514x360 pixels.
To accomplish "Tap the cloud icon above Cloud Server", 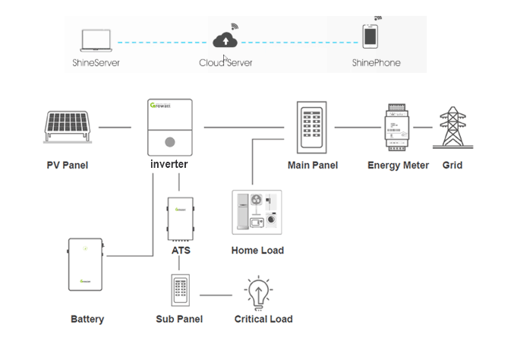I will click(x=225, y=39).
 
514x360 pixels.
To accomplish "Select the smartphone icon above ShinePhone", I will click(x=371, y=36).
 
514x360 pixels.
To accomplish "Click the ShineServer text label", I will click(x=96, y=62).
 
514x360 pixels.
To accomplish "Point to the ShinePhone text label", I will click(x=376, y=62).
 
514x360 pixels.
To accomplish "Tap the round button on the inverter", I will click(x=171, y=141).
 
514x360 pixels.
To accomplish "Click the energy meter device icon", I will click(x=397, y=126).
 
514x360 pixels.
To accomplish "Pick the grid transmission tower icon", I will click(x=452, y=126).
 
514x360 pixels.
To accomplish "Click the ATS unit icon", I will click(x=181, y=219).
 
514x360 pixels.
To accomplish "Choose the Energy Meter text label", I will click(x=398, y=165).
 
